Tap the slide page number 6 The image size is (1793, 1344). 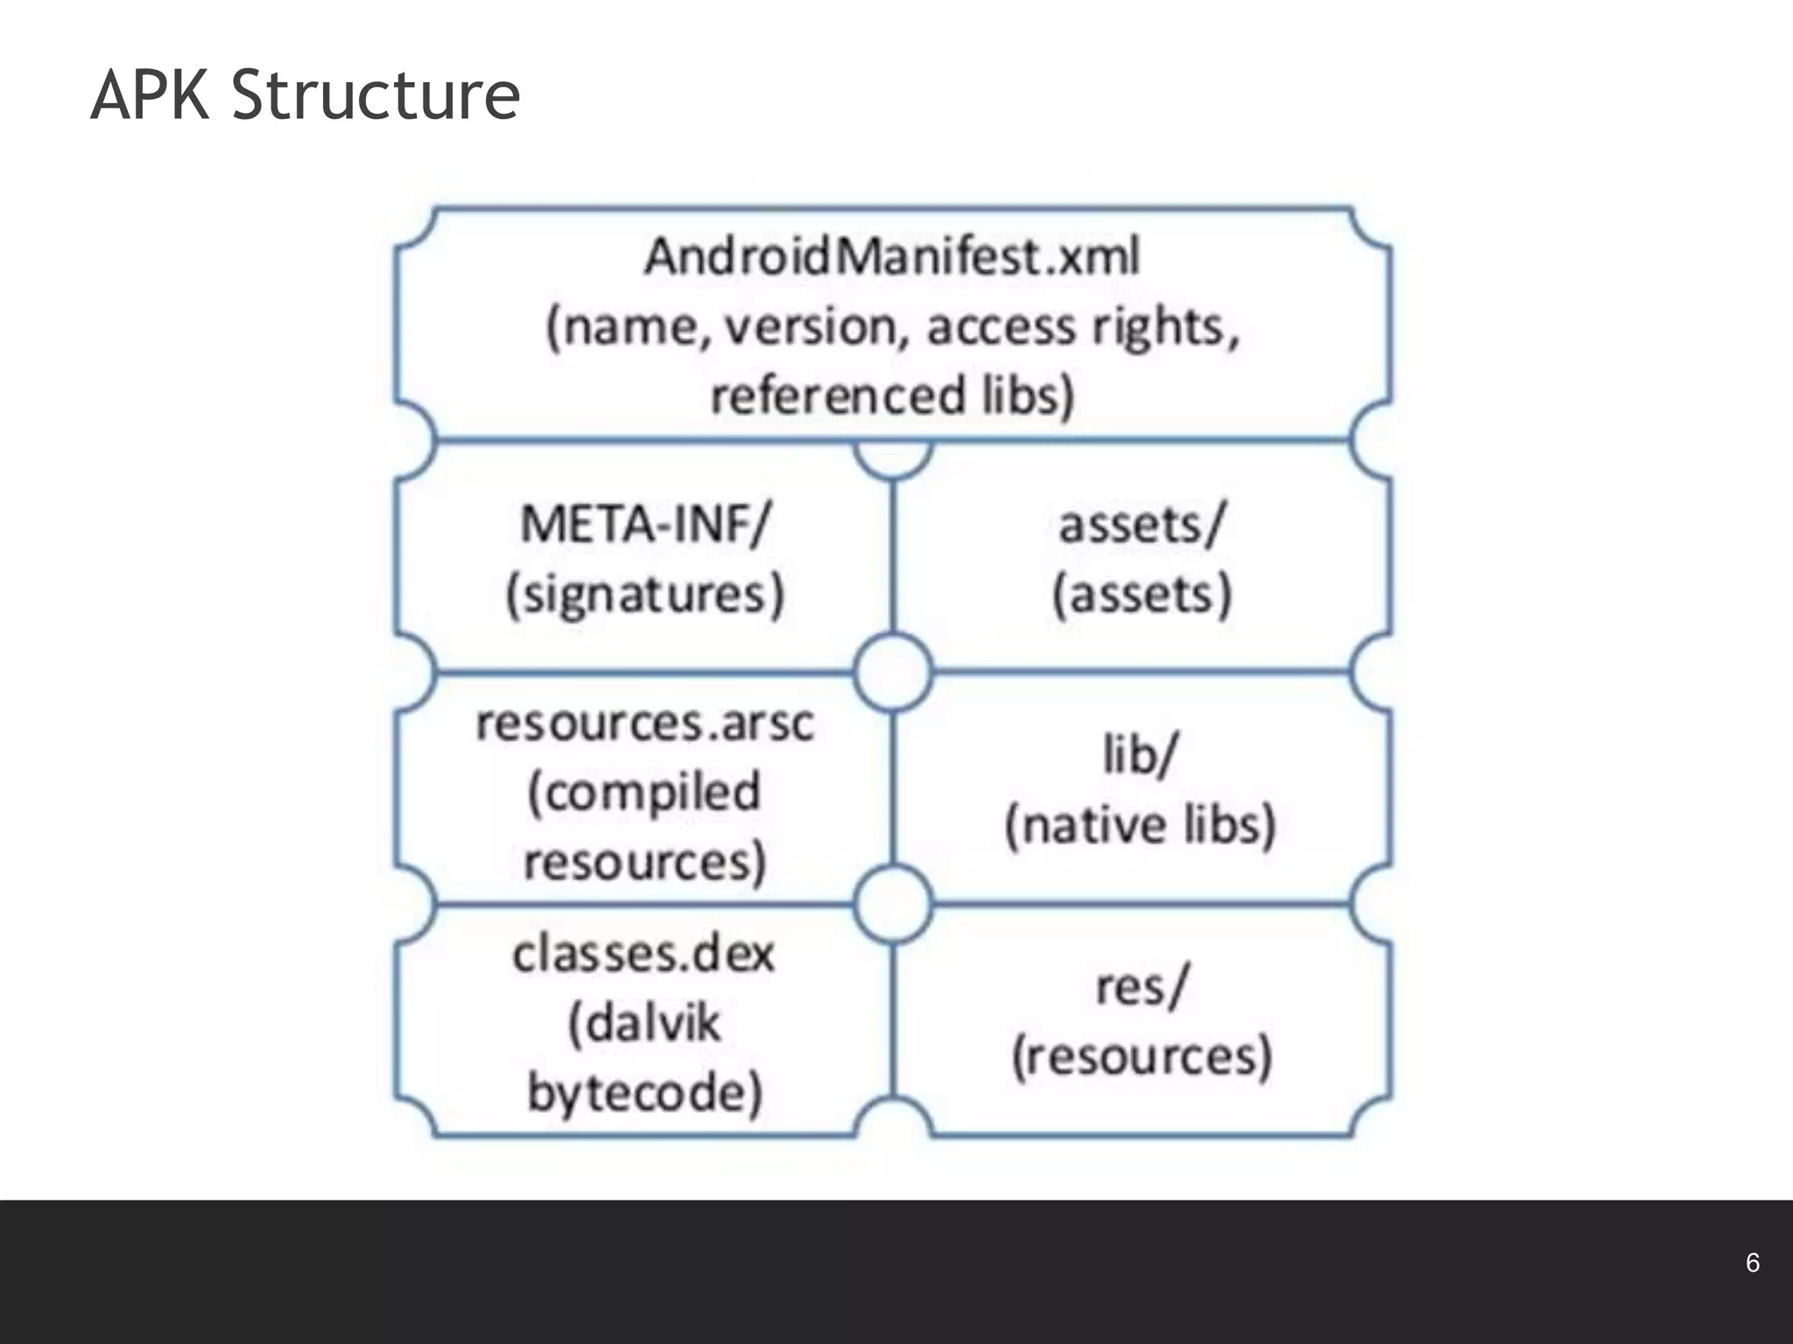(1752, 1263)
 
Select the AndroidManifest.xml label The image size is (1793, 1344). (892, 257)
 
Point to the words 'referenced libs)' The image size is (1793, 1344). (892, 395)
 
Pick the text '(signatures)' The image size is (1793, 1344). (645, 595)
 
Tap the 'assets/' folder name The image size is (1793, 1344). (1142, 525)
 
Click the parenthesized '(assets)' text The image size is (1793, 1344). (1142, 595)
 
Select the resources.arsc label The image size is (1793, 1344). (645, 724)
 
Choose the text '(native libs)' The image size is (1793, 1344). (1141, 825)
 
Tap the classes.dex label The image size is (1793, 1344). (644, 954)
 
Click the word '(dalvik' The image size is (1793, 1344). (645, 1023)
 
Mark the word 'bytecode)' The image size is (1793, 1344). (645, 1093)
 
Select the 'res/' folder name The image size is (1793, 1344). (1142, 987)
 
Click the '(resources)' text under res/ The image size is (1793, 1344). (1142, 1057)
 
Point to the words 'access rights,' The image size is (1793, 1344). (1084, 327)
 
